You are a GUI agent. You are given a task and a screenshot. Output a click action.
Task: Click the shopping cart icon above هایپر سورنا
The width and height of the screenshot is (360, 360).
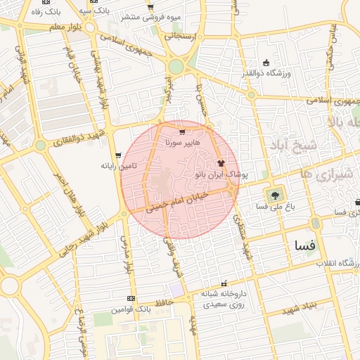click(x=182, y=131)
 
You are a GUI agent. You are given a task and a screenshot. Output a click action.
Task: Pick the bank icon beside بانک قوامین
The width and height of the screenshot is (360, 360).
click(x=130, y=299)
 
